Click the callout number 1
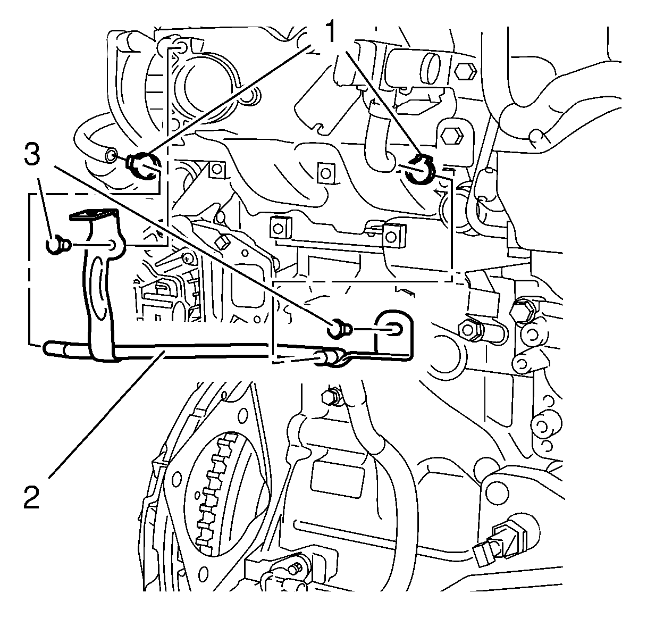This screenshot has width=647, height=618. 330,32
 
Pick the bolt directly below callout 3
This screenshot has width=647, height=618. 56,245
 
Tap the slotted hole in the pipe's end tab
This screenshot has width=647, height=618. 396,330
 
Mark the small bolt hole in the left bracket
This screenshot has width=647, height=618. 112,245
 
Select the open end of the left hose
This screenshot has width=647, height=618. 111,155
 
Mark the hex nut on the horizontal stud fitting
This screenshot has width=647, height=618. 470,330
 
